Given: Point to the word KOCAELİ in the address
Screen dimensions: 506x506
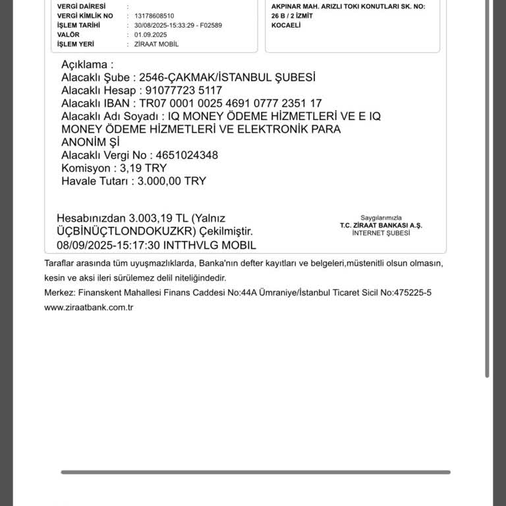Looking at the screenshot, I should [x=286, y=25].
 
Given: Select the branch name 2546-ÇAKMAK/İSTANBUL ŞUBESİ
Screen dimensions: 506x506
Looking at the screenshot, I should [x=227, y=77].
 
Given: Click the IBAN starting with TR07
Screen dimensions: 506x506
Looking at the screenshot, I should [x=230, y=103].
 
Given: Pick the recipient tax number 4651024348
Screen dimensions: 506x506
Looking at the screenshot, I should [x=185, y=155].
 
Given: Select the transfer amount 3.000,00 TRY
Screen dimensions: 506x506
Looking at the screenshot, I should [x=171, y=181].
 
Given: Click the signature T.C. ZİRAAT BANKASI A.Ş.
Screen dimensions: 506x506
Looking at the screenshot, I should [x=381, y=225].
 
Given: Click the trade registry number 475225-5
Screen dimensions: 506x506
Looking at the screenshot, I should [x=409, y=293].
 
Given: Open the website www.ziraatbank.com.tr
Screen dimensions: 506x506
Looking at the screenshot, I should [x=89, y=307].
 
